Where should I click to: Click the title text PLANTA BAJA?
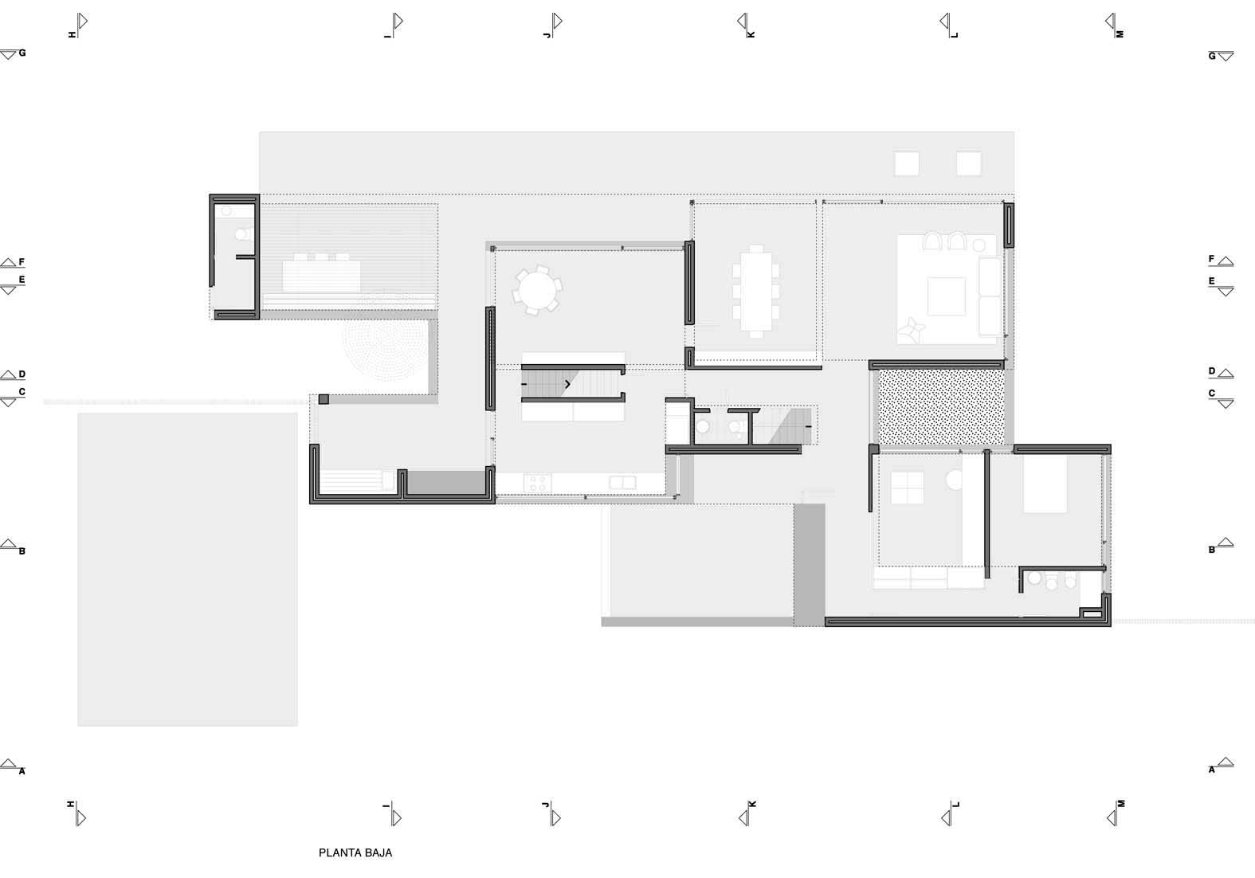tap(355, 853)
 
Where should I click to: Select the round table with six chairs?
tap(537, 290)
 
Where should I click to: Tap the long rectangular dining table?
tap(756, 292)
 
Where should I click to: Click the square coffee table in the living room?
tap(947, 296)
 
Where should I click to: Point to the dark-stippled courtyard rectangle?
tap(941, 407)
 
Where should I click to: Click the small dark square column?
tap(324, 399)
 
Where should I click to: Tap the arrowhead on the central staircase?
tap(567, 384)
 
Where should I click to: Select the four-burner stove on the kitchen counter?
tap(537, 483)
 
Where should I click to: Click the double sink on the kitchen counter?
tap(622, 483)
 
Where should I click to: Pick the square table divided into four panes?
tap(907, 488)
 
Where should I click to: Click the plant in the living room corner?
tap(910, 331)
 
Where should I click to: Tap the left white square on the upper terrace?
tap(907, 163)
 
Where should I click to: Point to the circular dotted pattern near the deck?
tap(386, 347)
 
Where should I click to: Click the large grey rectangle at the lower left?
tap(188, 570)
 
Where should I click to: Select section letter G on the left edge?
tap(22, 53)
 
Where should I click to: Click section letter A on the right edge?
tap(1211, 770)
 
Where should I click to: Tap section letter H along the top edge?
tap(73, 35)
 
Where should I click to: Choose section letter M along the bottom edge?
tap(1121, 804)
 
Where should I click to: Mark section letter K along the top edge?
tap(751, 35)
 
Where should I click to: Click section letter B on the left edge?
tap(22, 551)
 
